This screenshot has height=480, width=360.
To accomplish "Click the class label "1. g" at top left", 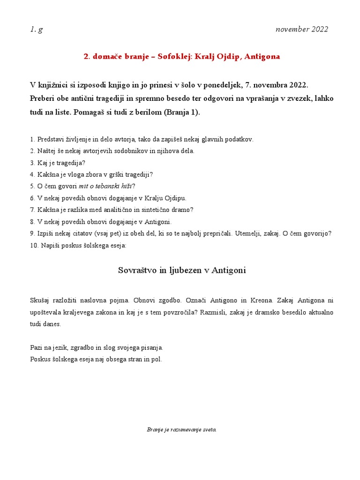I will [x=36, y=30].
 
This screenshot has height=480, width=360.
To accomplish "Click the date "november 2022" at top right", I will [x=302, y=30].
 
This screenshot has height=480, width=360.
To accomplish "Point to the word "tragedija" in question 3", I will [x=64, y=163].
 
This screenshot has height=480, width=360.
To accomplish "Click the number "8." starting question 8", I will [x=32, y=221].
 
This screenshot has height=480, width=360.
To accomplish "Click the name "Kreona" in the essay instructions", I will [x=261, y=300].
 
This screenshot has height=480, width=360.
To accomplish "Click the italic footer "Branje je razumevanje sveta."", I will [x=181, y=429].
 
